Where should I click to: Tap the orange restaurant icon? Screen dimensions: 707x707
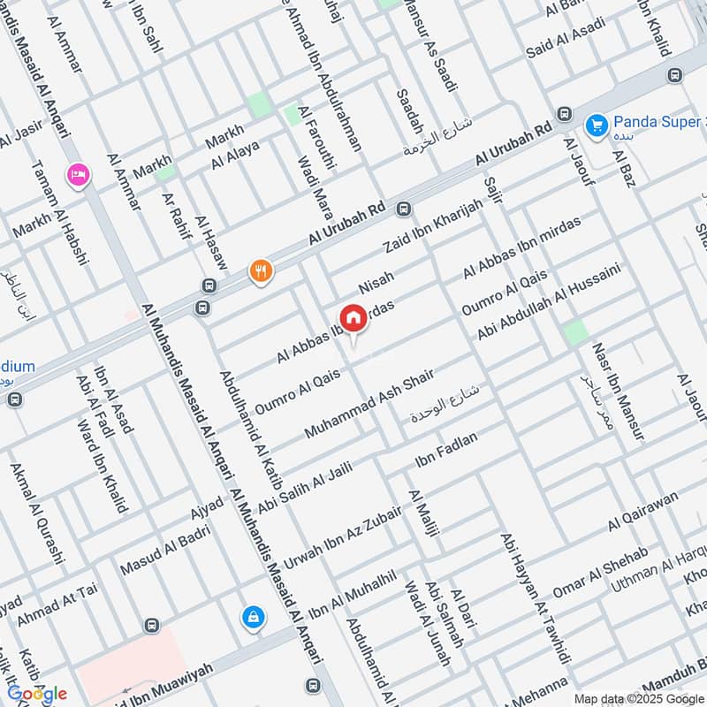tap(260, 270)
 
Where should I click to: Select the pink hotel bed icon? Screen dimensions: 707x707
tap(77, 175)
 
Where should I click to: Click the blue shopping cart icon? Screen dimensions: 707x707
tap(597, 125)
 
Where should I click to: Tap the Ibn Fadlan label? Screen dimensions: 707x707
tap(446, 451)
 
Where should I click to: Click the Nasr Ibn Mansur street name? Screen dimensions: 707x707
tap(619, 392)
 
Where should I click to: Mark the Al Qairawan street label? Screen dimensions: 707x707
tap(643, 512)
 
